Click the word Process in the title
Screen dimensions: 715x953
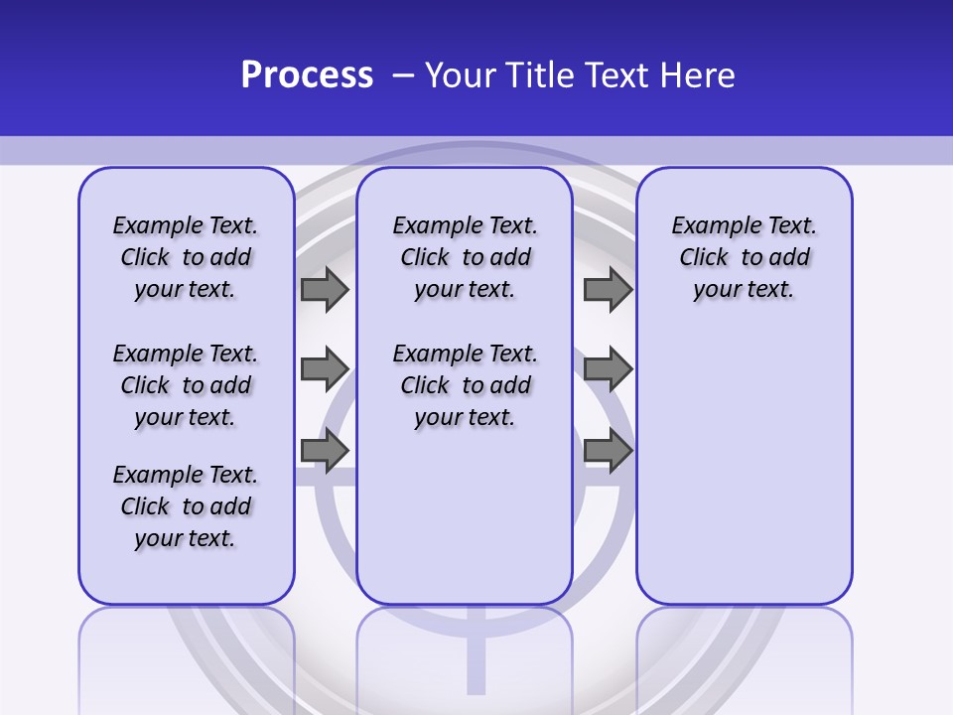[307, 75]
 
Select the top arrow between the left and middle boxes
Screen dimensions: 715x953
[325, 289]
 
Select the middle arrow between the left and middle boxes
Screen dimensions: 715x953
[325, 369]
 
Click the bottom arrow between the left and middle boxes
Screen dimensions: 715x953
[325, 451]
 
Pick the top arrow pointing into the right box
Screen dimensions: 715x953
[608, 289]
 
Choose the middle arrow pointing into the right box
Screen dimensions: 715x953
[608, 369]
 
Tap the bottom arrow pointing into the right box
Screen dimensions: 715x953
[608, 451]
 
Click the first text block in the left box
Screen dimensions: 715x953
[186, 257]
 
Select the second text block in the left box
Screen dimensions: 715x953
[186, 385]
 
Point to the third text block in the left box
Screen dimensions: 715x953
[186, 506]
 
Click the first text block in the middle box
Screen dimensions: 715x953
[465, 257]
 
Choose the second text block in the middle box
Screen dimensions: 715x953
[465, 385]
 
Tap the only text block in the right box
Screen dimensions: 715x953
[745, 257]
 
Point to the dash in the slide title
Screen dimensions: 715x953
[403, 75]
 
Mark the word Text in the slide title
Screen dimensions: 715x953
[616, 75]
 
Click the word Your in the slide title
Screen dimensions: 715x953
[460, 75]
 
